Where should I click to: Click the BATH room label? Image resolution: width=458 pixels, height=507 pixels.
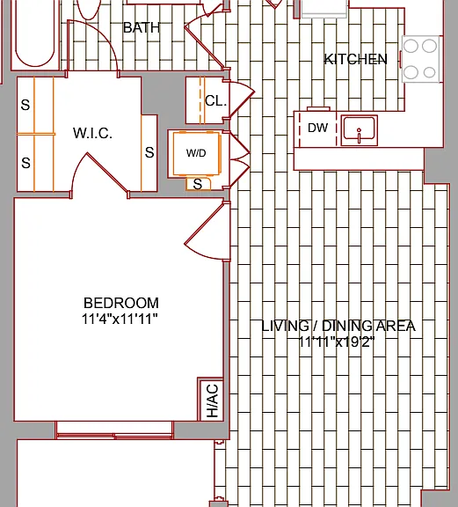coord(142,28)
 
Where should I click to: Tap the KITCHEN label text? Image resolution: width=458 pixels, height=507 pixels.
coord(356,59)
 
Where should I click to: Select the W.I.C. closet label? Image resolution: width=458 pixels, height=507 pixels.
coord(92,133)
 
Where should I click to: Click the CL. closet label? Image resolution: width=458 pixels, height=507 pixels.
coord(215,101)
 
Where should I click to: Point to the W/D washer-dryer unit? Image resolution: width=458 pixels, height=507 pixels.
coord(197,153)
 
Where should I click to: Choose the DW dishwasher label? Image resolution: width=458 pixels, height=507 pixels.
coord(318,128)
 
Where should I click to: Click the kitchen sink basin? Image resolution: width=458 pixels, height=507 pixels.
coord(360,130)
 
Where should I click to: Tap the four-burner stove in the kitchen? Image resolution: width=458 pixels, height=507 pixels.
coord(420,59)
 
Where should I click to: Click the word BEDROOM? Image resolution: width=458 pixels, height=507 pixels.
coord(121,304)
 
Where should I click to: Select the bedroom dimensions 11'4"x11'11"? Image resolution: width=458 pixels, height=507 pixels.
coord(120,320)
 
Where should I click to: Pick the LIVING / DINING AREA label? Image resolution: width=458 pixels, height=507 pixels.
coord(338,326)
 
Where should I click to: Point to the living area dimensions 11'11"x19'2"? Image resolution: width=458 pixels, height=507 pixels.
coord(336,342)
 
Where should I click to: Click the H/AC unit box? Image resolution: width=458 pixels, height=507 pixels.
coord(210,400)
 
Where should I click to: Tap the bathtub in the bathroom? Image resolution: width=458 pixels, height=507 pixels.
coord(35,35)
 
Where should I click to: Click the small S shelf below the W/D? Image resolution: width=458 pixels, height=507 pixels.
coord(198,184)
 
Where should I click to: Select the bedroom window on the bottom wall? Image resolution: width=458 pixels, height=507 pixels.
coord(114,430)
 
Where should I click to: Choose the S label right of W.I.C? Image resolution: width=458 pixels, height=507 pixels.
coord(149,152)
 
